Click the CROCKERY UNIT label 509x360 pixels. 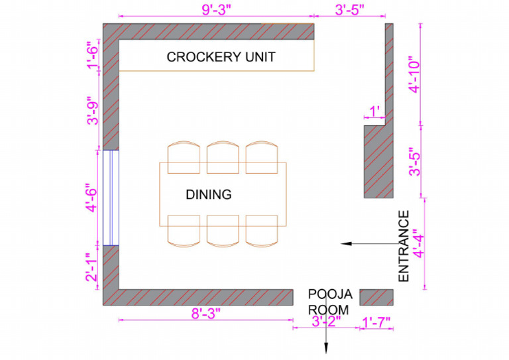click(x=221, y=58)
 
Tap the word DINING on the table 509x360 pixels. click(x=208, y=194)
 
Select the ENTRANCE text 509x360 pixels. click(x=404, y=246)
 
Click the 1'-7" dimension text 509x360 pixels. click(x=376, y=323)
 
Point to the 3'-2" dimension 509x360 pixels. click(x=325, y=323)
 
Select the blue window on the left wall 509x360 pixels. click(x=110, y=198)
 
